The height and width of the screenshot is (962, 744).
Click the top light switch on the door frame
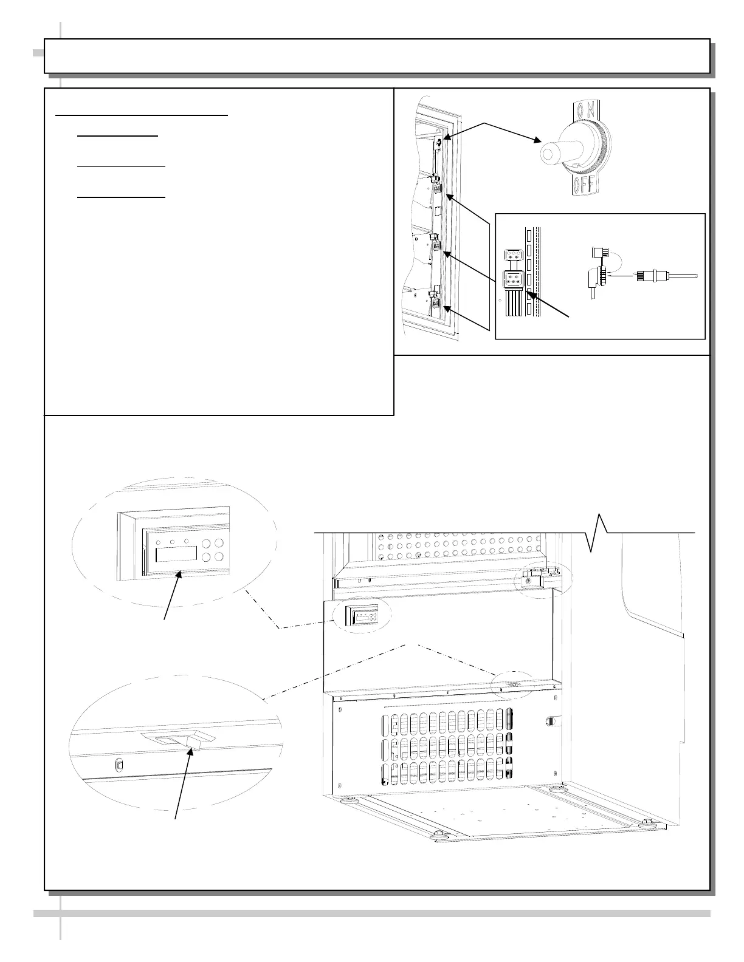click(x=439, y=143)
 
